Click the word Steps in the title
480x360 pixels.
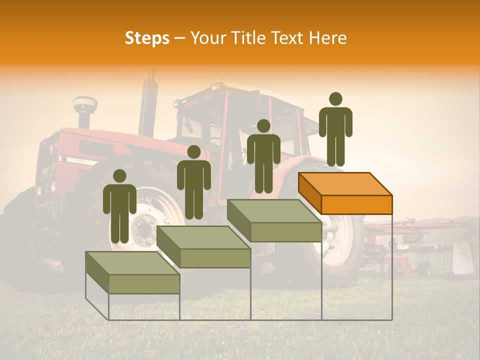pyautogui.click(x=147, y=38)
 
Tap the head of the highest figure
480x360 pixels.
pyautogui.click(x=335, y=99)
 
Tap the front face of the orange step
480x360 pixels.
pyautogui.click(x=356, y=205)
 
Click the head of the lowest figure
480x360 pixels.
pyautogui.click(x=119, y=176)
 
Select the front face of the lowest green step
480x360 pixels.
pyautogui.click(x=144, y=284)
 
